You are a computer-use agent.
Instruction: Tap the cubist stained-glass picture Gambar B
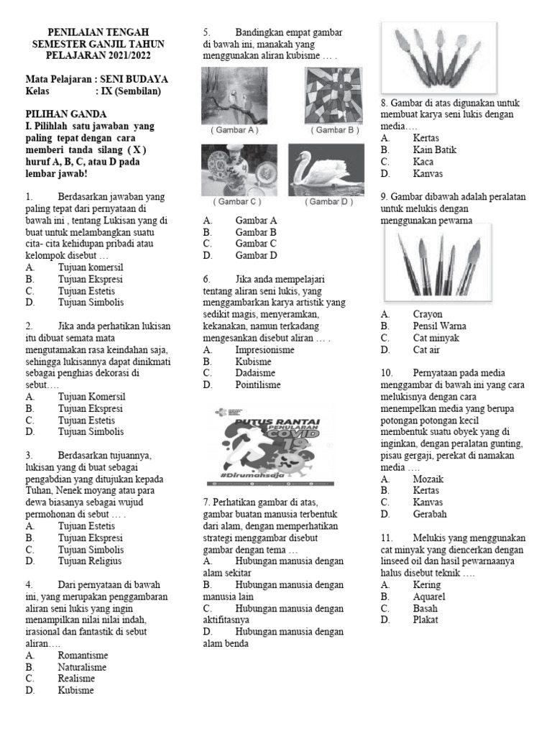333,95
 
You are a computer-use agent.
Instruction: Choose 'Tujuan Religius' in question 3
90,561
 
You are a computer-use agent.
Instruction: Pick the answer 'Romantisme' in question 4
83,655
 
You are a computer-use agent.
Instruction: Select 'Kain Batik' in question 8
435,149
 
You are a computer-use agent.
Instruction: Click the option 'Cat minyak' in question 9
436,338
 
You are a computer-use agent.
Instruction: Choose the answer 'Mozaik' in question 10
428,479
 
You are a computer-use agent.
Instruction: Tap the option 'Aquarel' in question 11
429,597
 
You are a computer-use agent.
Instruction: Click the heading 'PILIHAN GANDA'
66,114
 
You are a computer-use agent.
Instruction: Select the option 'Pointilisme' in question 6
258,385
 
